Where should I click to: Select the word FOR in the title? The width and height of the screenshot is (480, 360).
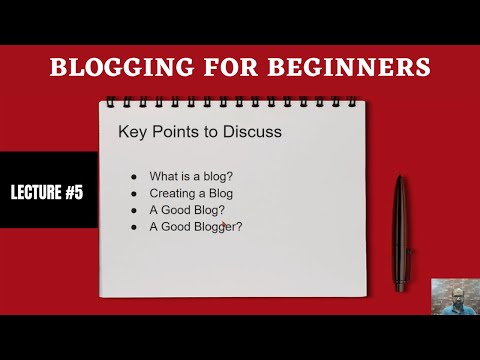(214, 69)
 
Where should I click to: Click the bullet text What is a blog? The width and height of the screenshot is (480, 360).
(191, 176)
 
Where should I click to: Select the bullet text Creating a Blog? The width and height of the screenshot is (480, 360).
(191, 193)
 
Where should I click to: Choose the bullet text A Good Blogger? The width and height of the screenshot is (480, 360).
(196, 227)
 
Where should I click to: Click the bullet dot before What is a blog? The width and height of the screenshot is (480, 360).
(133, 177)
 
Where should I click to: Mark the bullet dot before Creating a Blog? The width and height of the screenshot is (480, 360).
(133, 194)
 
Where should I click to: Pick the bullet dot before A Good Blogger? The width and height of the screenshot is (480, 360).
(133, 228)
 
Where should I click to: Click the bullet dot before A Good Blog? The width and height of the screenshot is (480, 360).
(133, 211)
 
